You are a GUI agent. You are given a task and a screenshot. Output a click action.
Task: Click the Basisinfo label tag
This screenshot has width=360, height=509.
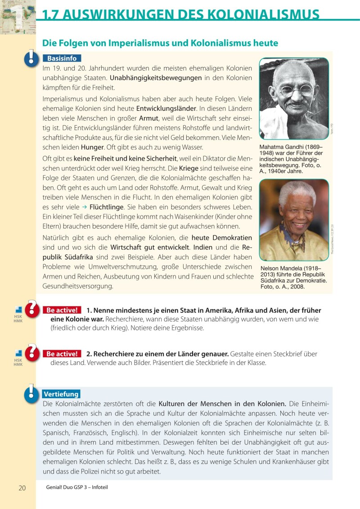(62, 59)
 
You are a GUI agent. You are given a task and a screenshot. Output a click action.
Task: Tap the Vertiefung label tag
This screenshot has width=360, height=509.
(61, 394)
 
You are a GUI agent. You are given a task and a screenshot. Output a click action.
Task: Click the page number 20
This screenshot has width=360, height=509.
(22, 488)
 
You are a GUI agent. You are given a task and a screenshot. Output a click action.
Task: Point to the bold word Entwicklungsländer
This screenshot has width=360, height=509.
(166, 108)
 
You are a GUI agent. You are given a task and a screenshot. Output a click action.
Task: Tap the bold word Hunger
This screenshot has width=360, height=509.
(92, 147)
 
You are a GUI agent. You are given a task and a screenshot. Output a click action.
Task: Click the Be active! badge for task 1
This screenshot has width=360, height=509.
(62, 310)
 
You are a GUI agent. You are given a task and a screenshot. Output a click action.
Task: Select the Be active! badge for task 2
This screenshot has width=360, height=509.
(62, 354)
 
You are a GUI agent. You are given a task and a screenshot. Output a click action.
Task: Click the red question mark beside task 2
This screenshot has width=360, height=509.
(32, 351)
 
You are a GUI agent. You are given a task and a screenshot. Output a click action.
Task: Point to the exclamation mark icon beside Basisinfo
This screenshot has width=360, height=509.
(31, 58)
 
